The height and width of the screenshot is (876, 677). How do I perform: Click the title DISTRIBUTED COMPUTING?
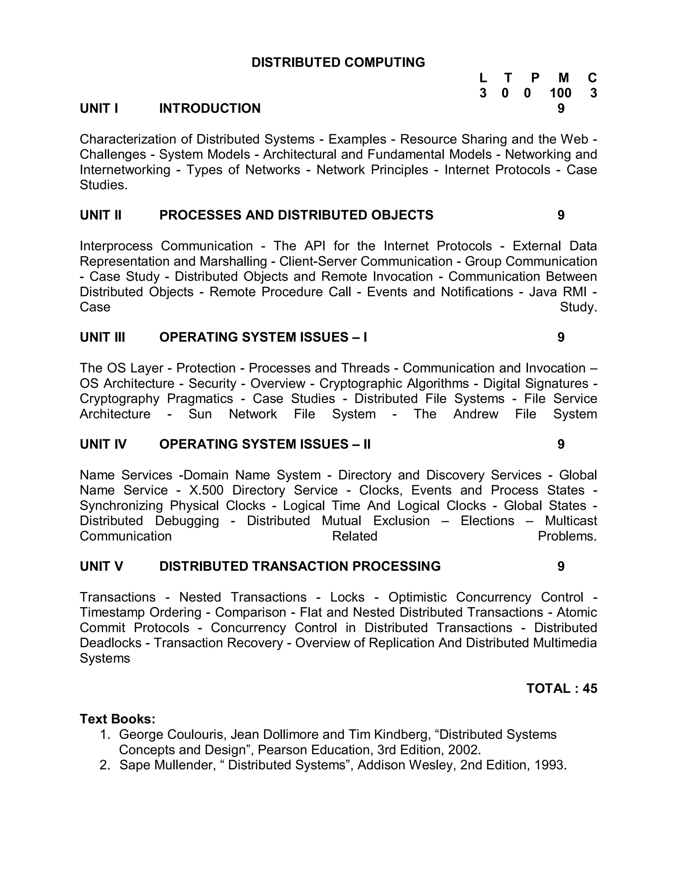(x=338, y=62)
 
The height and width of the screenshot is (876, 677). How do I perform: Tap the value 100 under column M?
(x=560, y=93)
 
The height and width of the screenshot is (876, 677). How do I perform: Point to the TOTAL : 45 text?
(x=562, y=688)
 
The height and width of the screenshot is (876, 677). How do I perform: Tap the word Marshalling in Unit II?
(x=233, y=261)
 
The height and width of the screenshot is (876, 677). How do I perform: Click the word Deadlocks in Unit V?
(x=110, y=643)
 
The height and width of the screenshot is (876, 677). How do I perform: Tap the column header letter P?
(x=535, y=78)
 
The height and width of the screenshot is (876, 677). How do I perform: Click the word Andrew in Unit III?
(x=475, y=414)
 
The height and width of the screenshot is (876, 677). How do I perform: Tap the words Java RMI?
(x=557, y=292)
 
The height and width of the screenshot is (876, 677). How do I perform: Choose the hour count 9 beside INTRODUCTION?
(x=561, y=109)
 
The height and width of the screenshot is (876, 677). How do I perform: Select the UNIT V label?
(x=101, y=566)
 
